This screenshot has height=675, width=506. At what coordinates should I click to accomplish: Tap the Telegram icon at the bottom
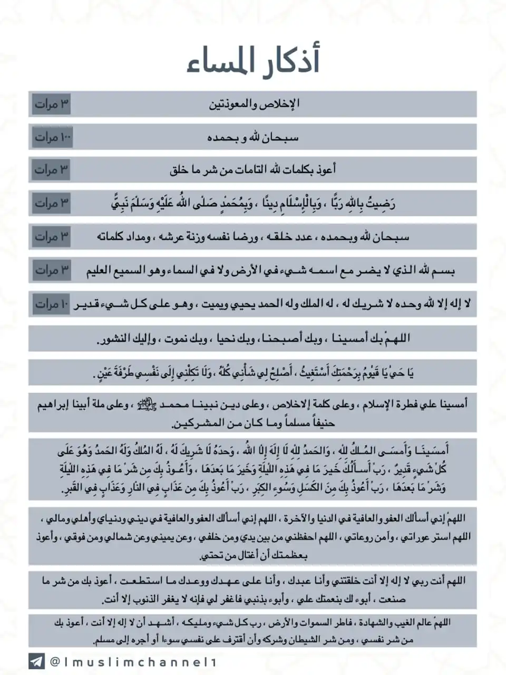(36, 661)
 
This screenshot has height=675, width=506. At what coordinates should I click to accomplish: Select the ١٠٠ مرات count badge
(51, 137)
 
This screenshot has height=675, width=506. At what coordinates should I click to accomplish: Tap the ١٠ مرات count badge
(51, 304)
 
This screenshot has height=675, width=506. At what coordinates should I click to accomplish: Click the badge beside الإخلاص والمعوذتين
(51, 104)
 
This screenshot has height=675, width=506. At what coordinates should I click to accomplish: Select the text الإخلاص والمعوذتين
(254, 104)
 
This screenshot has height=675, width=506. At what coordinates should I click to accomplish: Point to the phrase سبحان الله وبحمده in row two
(253, 138)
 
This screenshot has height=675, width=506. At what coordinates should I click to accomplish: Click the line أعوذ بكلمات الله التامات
(253, 170)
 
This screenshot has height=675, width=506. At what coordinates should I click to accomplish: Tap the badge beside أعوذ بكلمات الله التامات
(51, 170)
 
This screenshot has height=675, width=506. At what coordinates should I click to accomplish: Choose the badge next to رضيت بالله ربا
(51, 203)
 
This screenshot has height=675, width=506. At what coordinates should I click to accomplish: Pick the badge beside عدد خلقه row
(51, 237)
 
